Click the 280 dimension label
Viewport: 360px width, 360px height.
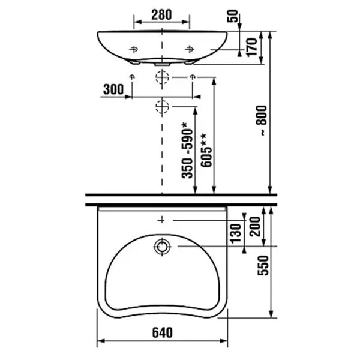click(161, 15)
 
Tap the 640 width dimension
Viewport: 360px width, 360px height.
click(162, 332)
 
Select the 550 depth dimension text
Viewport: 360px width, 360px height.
click(263, 266)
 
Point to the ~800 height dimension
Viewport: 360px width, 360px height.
click(262, 121)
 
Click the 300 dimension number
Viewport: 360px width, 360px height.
click(113, 89)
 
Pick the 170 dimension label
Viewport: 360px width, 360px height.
click(252, 47)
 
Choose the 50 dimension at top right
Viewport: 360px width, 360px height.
click(232, 16)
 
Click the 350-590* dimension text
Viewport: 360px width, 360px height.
click(187, 151)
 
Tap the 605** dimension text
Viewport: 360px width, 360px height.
click(206, 151)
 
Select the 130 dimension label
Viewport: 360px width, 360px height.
click(236, 233)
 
